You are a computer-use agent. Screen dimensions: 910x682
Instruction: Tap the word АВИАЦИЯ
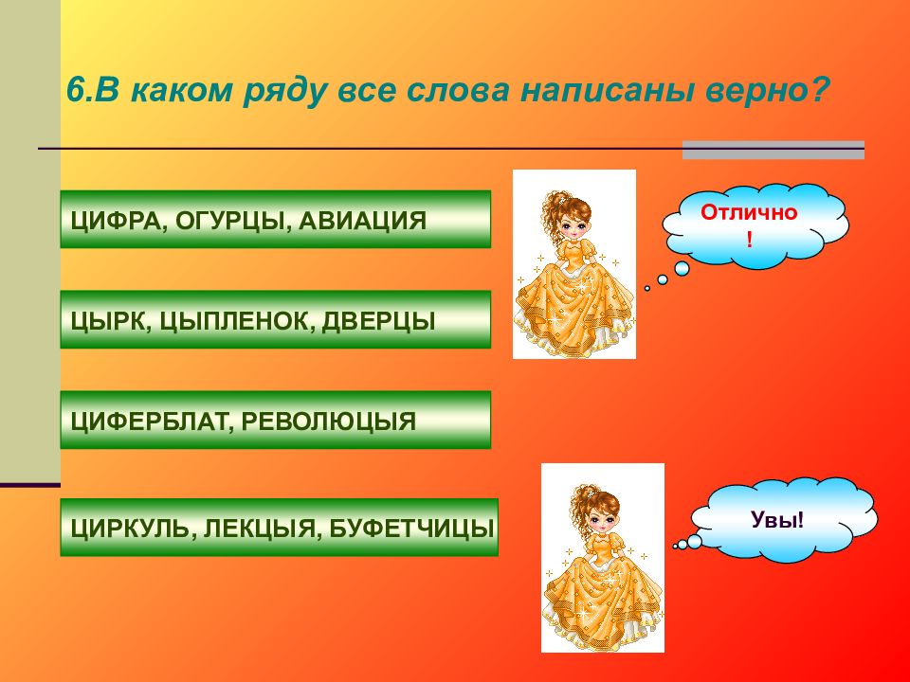coord(363,221)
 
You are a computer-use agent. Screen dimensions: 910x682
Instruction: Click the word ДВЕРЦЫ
coord(378,322)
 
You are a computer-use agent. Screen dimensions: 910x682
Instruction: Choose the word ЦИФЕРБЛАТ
coord(148,422)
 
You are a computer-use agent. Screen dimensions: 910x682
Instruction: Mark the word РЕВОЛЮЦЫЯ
coord(329,422)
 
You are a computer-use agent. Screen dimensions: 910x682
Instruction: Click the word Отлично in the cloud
coord(749,213)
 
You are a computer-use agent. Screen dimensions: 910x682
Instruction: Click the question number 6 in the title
coord(76,91)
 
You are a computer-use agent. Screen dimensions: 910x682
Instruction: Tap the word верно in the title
coord(758,91)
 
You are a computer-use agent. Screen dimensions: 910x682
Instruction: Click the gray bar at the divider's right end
coord(773,151)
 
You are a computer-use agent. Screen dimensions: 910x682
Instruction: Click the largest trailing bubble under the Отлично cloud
coord(682,268)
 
